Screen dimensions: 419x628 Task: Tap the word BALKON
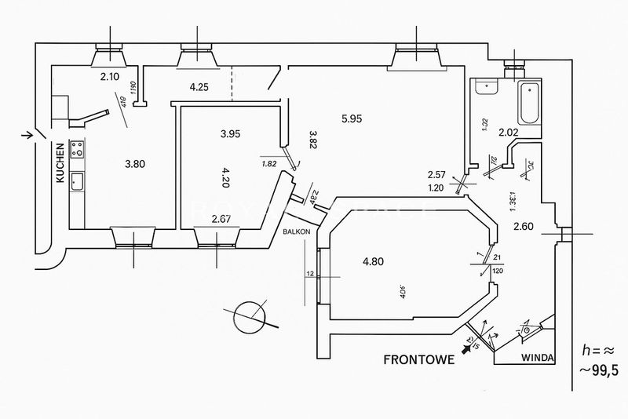pos(298,232)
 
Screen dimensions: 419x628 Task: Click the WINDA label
pos(537,358)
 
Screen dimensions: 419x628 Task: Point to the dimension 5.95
pos(352,119)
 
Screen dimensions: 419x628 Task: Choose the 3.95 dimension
pos(230,133)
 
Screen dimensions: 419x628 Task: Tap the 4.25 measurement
pos(199,87)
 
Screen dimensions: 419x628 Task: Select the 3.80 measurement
pos(136,164)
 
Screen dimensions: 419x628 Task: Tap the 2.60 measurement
pos(524,227)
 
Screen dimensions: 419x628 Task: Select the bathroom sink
pos(486,87)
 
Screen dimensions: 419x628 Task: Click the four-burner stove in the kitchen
pos(78,149)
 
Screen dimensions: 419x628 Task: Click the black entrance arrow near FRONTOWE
pos(469,349)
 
